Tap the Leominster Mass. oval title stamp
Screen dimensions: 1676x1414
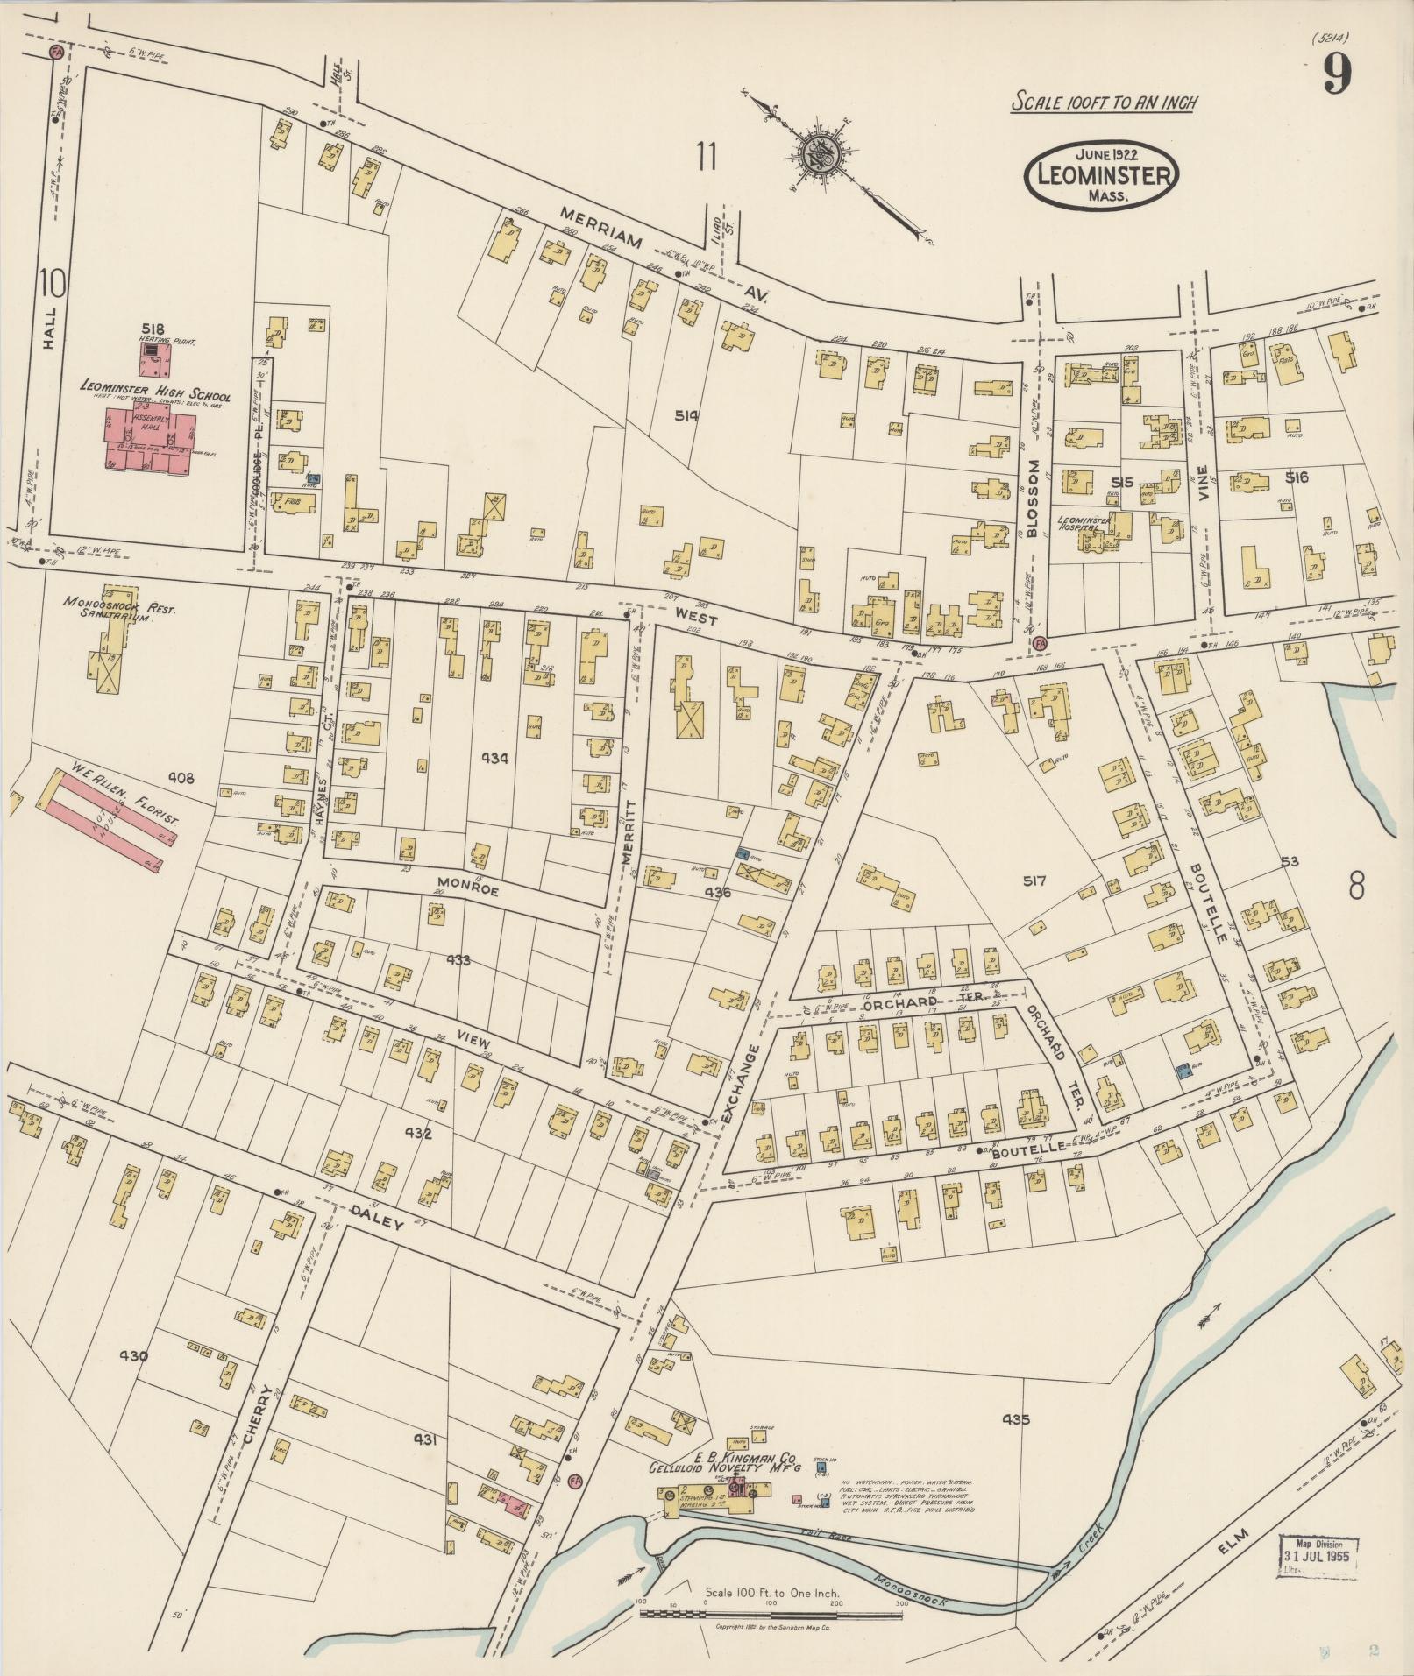[x=1103, y=173]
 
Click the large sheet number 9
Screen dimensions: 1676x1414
[x=1335, y=76]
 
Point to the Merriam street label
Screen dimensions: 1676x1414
[x=604, y=230]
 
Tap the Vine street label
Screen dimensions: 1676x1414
[x=1204, y=481]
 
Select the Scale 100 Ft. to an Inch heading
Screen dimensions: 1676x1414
[x=1104, y=102]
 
